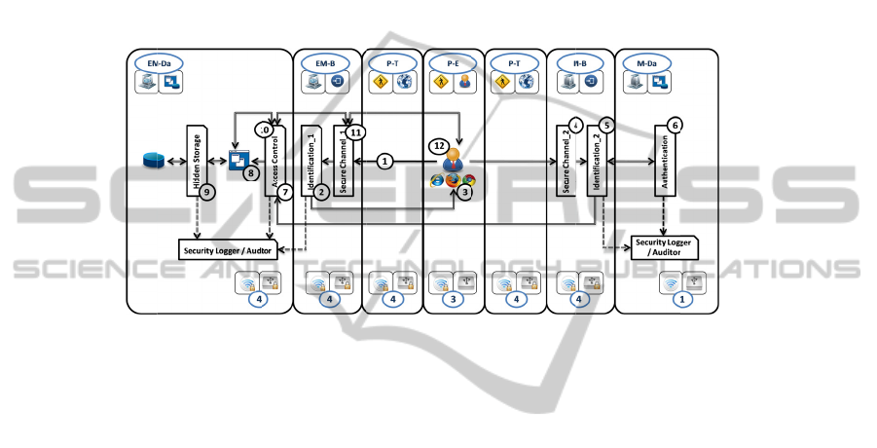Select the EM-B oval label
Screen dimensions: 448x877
pos(326,62)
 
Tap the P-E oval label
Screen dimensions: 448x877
pos(453,62)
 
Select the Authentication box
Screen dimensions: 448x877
pos(666,162)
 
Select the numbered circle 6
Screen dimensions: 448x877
pos(676,125)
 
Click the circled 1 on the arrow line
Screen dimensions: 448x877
pos(384,161)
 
